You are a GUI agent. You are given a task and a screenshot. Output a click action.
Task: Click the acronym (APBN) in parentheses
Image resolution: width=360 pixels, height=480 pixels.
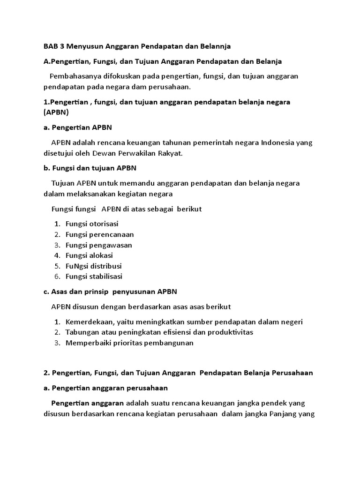[x=56, y=112]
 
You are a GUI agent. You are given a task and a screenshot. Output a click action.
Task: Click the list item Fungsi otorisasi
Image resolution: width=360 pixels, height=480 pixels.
[x=92, y=224]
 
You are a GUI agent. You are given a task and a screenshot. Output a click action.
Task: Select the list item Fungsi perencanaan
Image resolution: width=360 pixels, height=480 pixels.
[x=99, y=234]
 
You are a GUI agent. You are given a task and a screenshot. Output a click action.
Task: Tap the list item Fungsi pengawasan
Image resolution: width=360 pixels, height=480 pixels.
[x=98, y=245]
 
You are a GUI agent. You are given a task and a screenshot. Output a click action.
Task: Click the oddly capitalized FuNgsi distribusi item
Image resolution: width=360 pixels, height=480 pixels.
[x=93, y=266]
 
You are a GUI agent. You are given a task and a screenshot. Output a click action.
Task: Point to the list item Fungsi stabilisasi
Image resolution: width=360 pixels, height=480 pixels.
[x=94, y=276]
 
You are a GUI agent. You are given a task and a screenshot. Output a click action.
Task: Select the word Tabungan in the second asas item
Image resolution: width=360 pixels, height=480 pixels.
[x=82, y=332]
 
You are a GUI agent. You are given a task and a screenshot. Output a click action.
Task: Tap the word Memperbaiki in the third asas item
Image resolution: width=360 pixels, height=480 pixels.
[x=87, y=343]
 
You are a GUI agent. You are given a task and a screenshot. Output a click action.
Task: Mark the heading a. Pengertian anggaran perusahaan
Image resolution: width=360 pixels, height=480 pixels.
[x=105, y=388]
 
